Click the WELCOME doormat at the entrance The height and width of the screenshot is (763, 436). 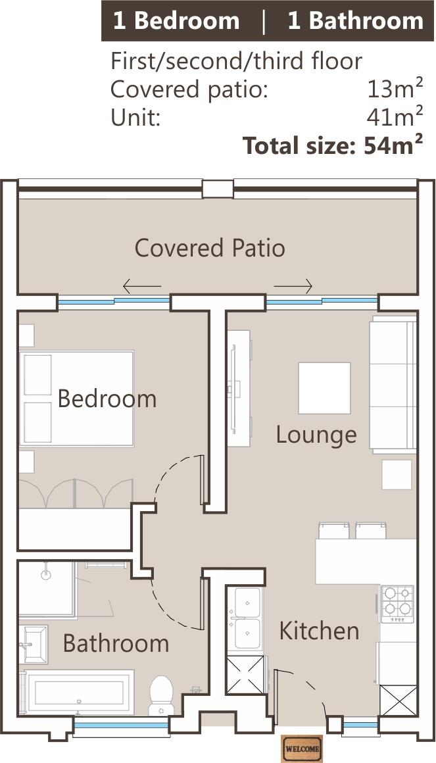[x=303, y=749]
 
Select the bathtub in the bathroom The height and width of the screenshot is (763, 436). [x=79, y=693]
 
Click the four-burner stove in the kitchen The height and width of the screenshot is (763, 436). [x=397, y=604]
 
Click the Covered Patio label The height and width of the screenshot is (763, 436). [x=210, y=248]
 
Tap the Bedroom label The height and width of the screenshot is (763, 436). [x=107, y=399]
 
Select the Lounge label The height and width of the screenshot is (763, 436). [x=316, y=435]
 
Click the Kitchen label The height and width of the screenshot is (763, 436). [x=319, y=631]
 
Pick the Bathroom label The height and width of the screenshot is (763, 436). [x=116, y=644]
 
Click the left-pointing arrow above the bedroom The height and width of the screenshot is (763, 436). [x=142, y=286]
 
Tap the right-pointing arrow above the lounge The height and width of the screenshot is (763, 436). [x=293, y=286]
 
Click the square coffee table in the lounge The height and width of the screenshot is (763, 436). [x=324, y=388]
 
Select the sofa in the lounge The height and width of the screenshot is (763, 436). [x=393, y=384]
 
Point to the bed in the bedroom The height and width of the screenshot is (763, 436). [x=76, y=399]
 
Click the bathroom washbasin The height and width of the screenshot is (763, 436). [x=35, y=644]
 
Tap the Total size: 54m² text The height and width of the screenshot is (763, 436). [x=332, y=145]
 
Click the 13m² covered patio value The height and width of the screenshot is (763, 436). [x=395, y=89]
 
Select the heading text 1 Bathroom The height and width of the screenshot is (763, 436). [x=355, y=21]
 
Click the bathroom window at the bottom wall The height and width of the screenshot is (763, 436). [x=122, y=725]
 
